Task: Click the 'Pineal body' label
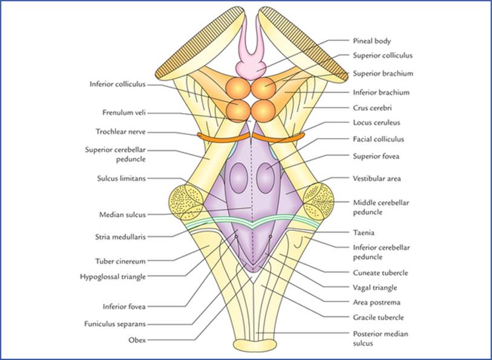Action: point(372,41)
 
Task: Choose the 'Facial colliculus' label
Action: point(378,139)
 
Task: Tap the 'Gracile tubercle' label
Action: point(378,317)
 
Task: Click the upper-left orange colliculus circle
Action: point(237,87)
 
